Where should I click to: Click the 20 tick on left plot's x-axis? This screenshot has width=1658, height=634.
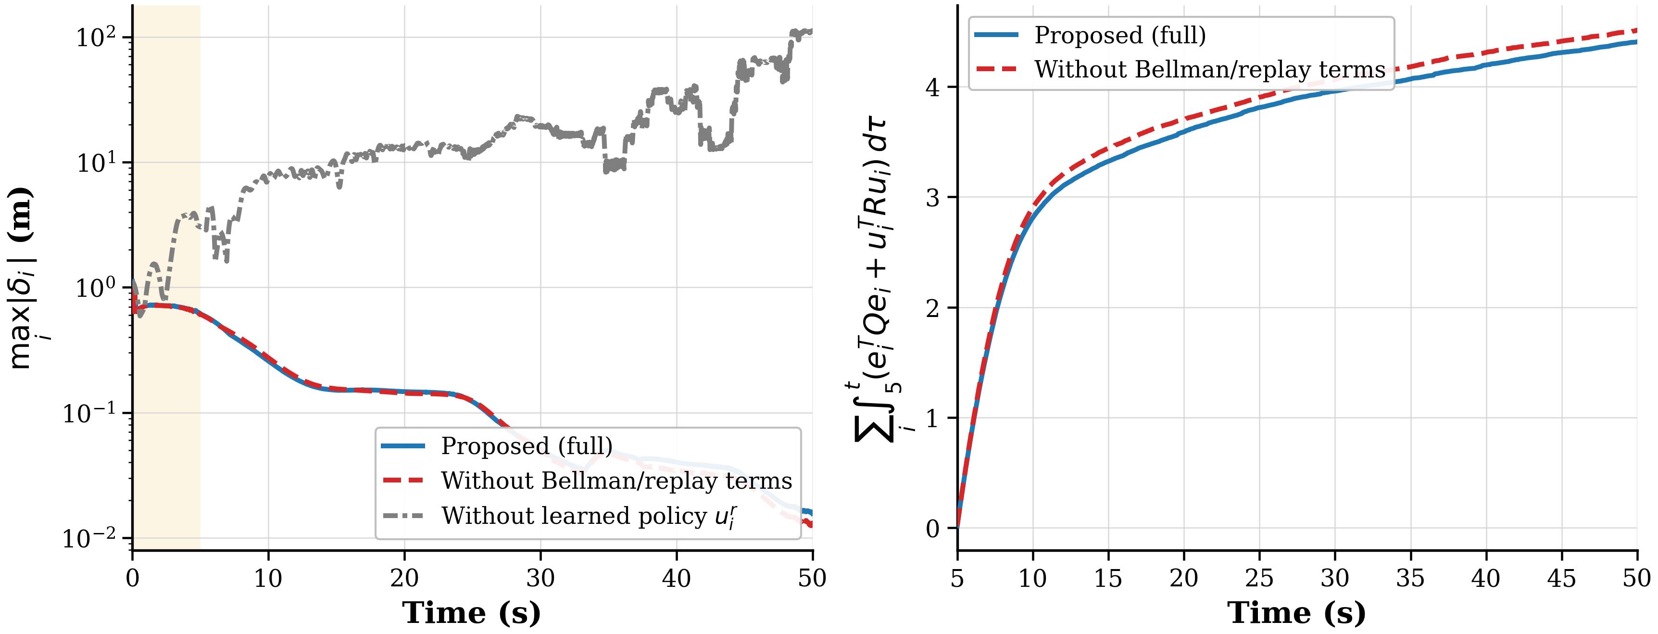click(404, 578)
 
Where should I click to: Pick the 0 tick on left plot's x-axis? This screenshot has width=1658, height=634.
click(133, 578)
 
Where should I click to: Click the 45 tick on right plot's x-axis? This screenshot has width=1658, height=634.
click(1561, 578)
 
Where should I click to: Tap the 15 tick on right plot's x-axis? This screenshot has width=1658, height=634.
click(1108, 578)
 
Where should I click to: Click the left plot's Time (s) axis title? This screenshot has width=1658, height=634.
click(472, 612)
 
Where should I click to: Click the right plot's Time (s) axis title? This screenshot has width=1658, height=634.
click(1297, 612)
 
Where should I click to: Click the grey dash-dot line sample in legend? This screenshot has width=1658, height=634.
click(403, 516)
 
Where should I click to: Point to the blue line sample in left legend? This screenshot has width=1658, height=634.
click(403, 446)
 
